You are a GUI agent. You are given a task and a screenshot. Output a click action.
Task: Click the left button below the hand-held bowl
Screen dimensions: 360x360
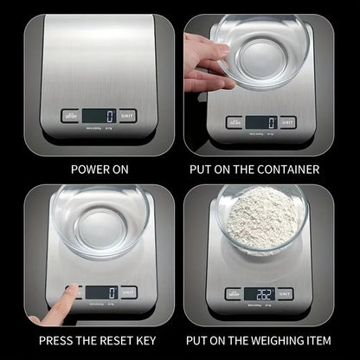(x=235, y=123)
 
